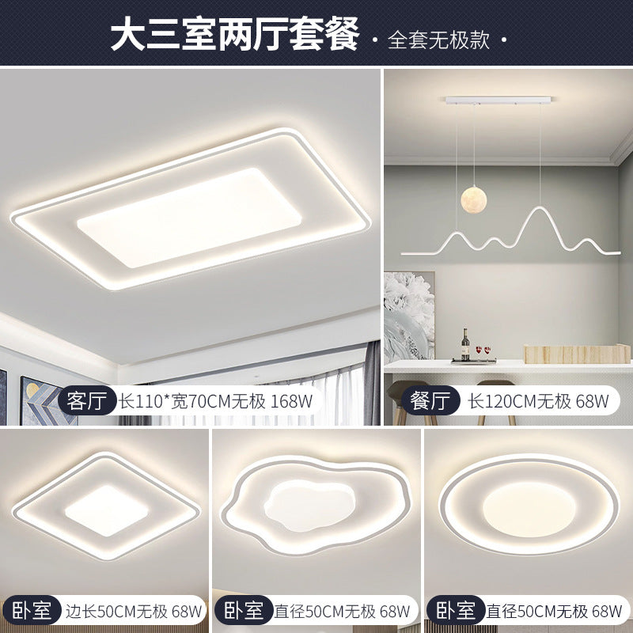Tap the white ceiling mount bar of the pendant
[496, 100]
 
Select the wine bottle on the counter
[465, 346]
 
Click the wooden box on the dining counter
[577, 354]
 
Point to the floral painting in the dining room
[408, 316]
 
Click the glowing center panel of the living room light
[190, 215]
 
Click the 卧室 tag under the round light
[456, 610]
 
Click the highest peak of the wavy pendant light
[538, 209]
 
